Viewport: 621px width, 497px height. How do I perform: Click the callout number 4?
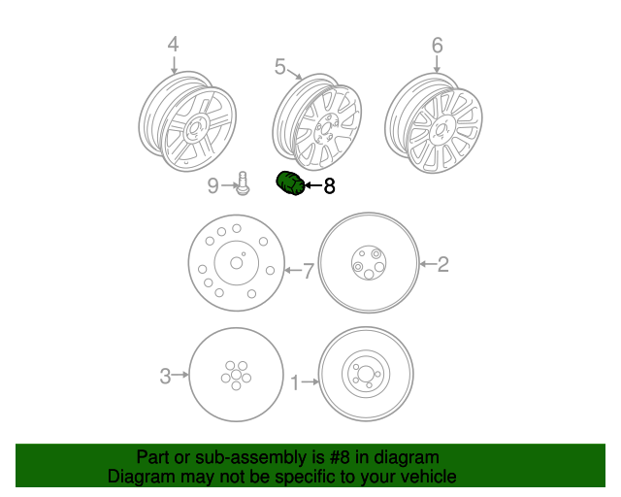click(173, 44)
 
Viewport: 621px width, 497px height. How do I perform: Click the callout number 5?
click(280, 66)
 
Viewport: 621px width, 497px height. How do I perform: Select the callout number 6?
click(437, 46)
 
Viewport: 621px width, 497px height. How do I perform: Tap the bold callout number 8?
click(329, 185)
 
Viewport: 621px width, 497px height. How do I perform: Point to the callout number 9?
click(213, 185)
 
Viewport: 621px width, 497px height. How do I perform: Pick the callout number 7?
click(309, 271)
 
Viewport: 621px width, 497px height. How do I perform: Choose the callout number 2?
click(442, 264)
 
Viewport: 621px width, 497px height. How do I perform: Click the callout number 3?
click(165, 376)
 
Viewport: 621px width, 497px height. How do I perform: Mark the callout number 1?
click(295, 382)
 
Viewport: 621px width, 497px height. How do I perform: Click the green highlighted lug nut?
click(290, 183)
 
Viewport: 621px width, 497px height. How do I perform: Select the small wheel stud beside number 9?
click(243, 183)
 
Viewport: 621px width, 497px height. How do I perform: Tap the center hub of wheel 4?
click(194, 129)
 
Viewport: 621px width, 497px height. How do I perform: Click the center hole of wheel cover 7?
click(237, 263)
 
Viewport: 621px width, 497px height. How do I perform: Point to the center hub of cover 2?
click(369, 262)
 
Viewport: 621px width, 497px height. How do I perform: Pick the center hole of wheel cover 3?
click(236, 375)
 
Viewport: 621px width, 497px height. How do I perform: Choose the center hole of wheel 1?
click(366, 374)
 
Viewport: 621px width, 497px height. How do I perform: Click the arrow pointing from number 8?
click(312, 185)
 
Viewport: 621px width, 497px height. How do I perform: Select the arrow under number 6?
click(437, 63)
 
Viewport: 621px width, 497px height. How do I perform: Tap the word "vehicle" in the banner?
click(431, 477)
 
